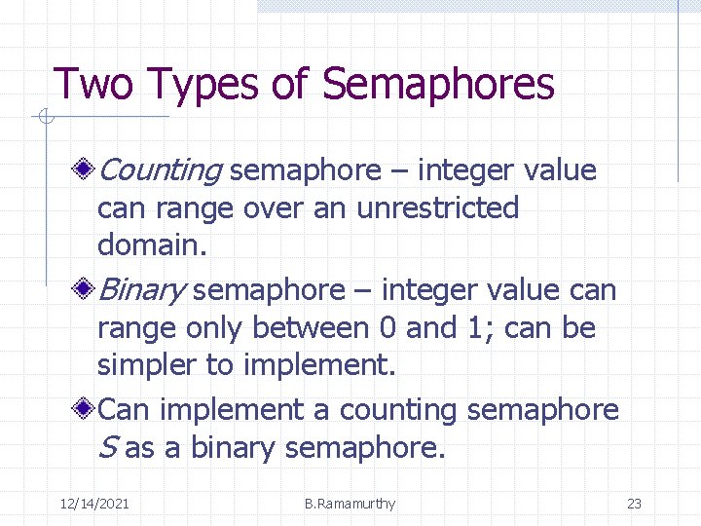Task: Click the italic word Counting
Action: (x=161, y=170)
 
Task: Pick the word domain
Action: (x=152, y=244)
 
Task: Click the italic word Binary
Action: (x=143, y=290)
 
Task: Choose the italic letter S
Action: (x=107, y=448)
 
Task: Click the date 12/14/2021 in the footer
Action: (x=94, y=504)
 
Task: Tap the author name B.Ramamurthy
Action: (x=350, y=504)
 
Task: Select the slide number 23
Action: (x=634, y=504)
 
